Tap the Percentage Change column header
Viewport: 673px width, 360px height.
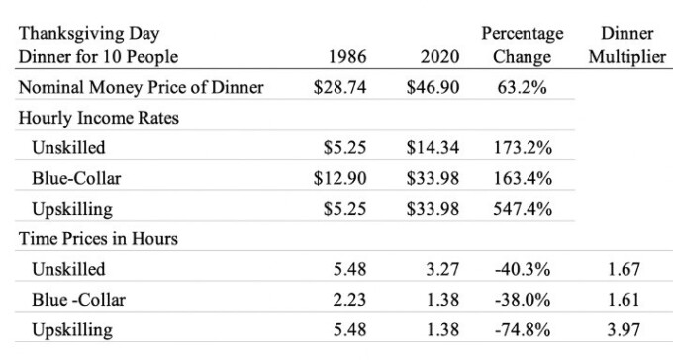pyautogui.click(x=522, y=45)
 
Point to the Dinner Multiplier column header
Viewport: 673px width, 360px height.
pyautogui.click(x=626, y=45)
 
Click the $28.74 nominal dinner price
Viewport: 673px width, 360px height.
pyautogui.click(x=340, y=87)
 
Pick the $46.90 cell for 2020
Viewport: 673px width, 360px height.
pyautogui.click(x=433, y=87)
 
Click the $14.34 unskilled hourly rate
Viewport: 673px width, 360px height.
pyautogui.click(x=433, y=149)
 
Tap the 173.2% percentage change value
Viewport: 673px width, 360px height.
pyautogui.click(x=522, y=149)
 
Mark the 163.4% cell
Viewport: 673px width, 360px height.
pyautogui.click(x=522, y=179)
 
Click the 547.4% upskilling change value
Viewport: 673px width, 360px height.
pyautogui.click(x=522, y=209)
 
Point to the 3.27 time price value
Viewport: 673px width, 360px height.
pyautogui.click(x=442, y=269)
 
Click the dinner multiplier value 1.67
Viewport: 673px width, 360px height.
pyautogui.click(x=626, y=269)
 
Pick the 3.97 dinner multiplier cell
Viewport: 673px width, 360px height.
pyautogui.click(x=626, y=328)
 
